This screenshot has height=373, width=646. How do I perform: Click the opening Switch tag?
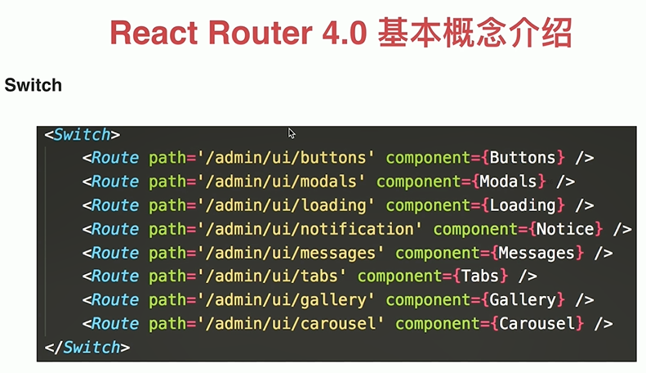pyautogui.click(x=82, y=135)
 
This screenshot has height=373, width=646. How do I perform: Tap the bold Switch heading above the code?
pyautogui.click(x=33, y=85)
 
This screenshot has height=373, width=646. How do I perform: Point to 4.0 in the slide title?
pyautogui.click(x=341, y=34)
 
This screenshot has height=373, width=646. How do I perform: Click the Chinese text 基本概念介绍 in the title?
pyautogui.click(x=474, y=34)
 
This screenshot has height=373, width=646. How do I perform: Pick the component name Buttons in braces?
pyautogui.click(x=522, y=157)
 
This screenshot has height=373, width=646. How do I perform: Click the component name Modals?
pyautogui.click(x=508, y=181)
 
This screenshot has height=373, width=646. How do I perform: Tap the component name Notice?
pyautogui.click(x=564, y=228)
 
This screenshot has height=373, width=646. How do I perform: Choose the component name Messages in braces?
pyautogui.click(x=537, y=253)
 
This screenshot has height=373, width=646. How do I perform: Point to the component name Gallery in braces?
pyautogui.click(x=522, y=300)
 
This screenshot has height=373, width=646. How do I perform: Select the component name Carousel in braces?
pyautogui.click(x=537, y=324)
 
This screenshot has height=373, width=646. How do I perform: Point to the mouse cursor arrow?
pyautogui.click(x=292, y=133)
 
